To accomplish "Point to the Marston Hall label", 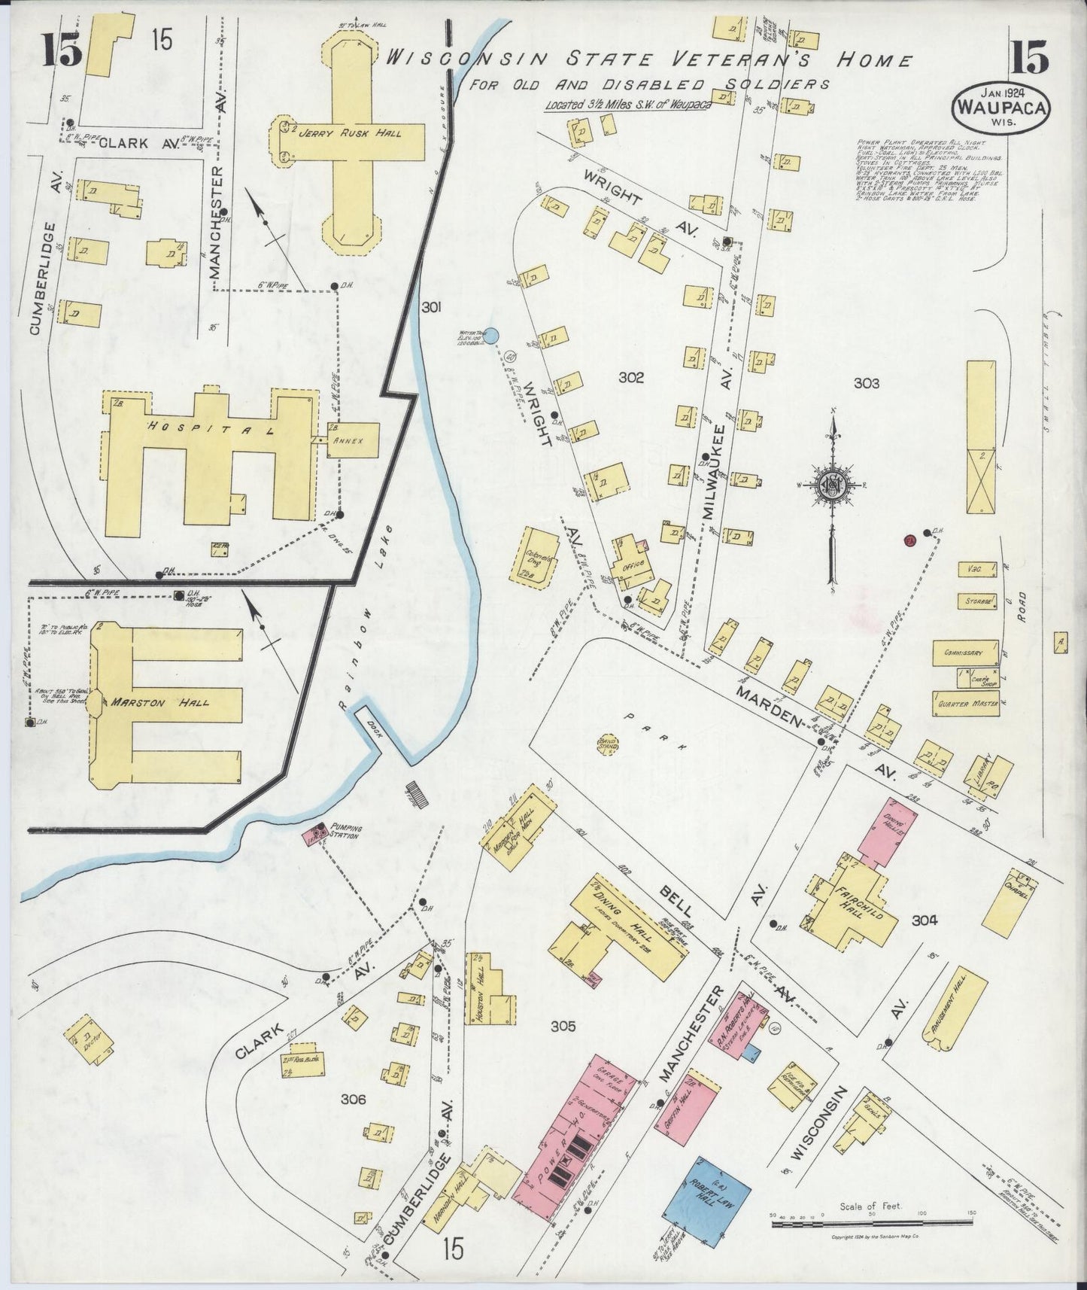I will click(x=159, y=703).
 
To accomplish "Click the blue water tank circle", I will click(x=490, y=337).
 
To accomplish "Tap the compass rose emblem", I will click(x=833, y=485).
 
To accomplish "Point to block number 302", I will click(x=631, y=378).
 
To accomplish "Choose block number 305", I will click(x=563, y=1026).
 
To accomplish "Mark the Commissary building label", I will click(x=964, y=653).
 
